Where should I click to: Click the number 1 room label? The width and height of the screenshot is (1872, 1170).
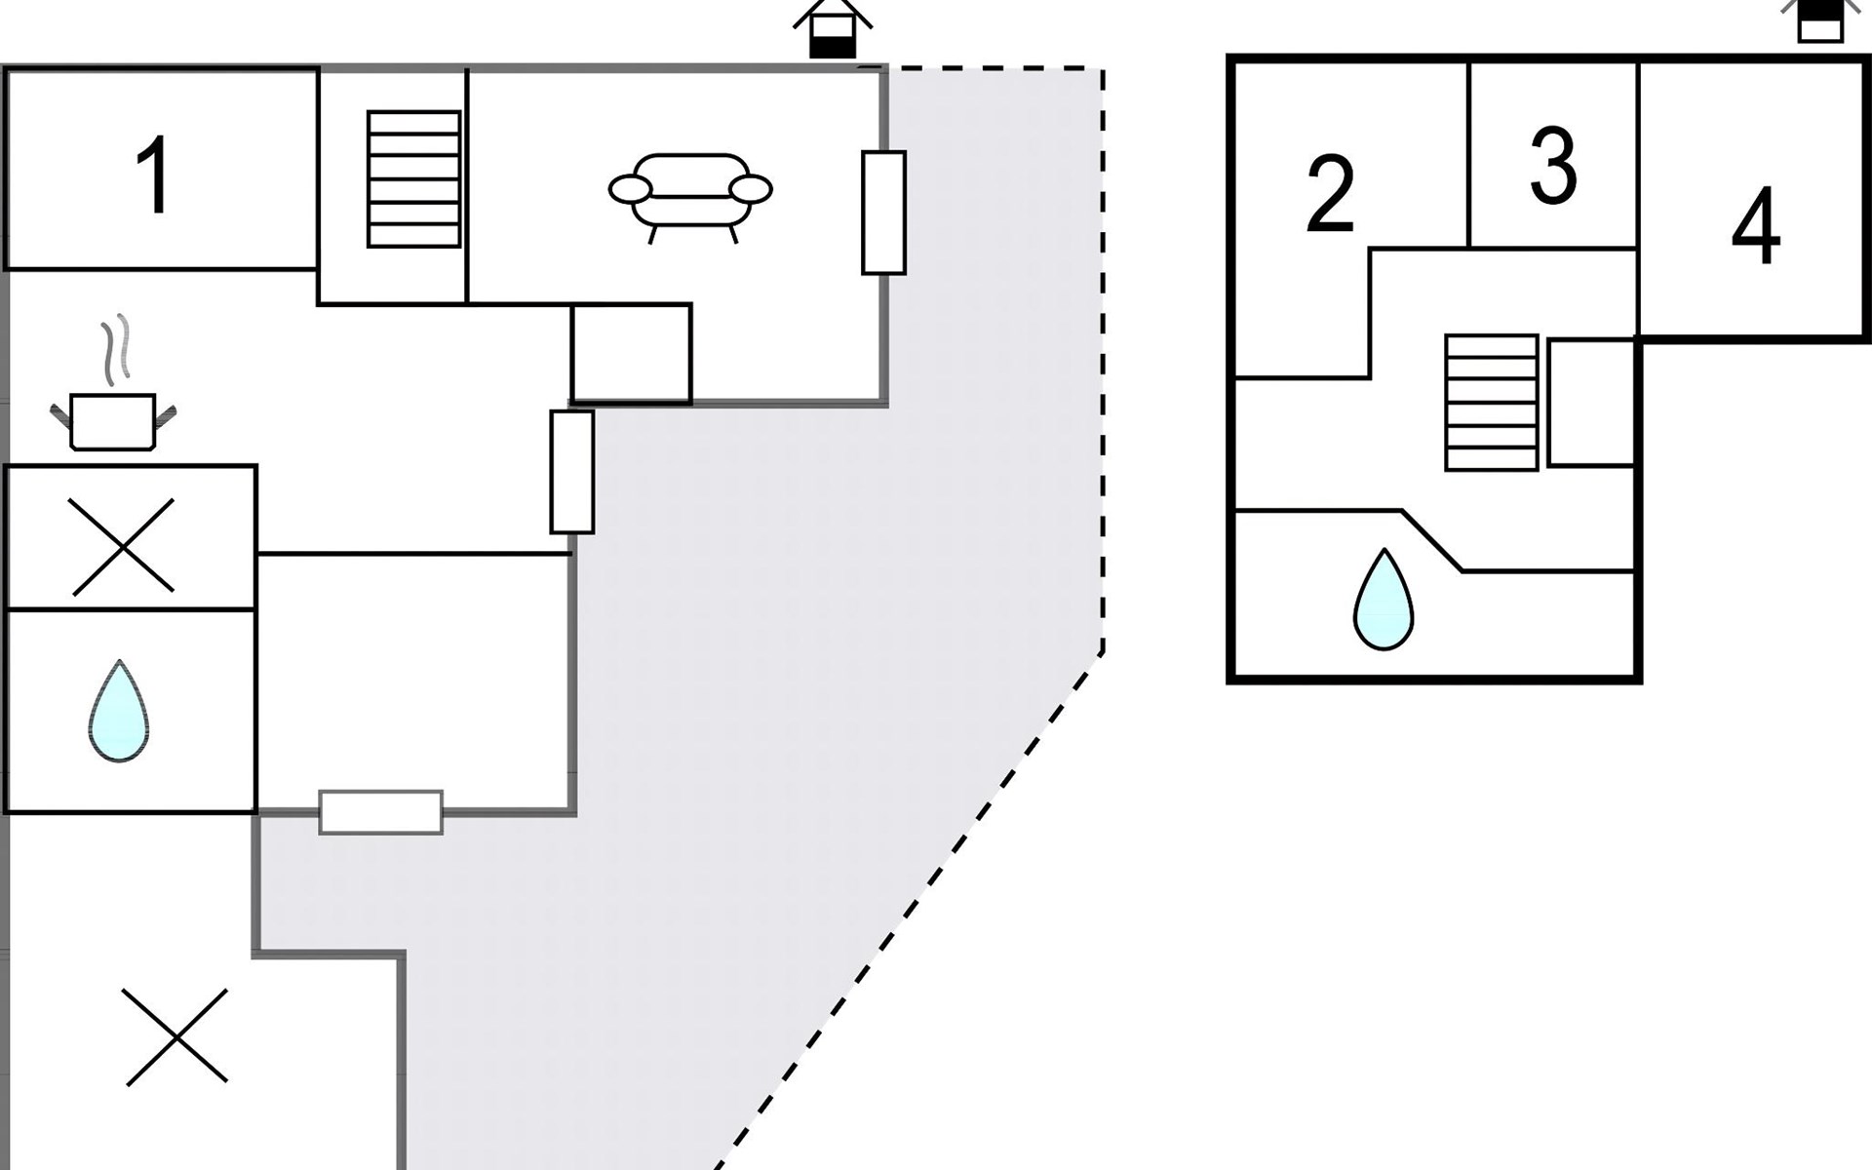pyautogui.click(x=154, y=175)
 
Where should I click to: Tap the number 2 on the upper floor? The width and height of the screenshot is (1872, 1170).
pyautogui.click(x=1330, y=195)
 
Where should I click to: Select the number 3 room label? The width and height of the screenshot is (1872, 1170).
pyautogui.click(x=1553, y=166)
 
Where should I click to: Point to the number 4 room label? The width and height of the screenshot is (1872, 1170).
pyautogui.click(x=1756, y=226)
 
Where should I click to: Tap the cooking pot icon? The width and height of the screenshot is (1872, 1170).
pyautogui.click(x=113, y=421)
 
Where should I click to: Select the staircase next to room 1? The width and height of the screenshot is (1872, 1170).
pyautogui.click(x=413, y=179)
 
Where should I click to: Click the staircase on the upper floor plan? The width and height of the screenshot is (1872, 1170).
pyautogui.click(x=1492, y=403)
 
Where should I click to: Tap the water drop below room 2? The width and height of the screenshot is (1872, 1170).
pyautogui.click(x=1384, y=602)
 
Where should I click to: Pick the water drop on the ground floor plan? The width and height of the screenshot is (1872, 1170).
pyautogui.click(x=118, y=712)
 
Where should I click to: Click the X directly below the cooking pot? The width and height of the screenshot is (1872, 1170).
pyautogui.click(x=124, y=547)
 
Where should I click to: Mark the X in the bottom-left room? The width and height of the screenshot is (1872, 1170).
pyautogui.click(x=176, y=1036)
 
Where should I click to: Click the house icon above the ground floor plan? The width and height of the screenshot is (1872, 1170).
pyautogui.click(x=832, y=29)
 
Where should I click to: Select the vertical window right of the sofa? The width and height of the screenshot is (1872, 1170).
pyautogui.click(x=883, y=213)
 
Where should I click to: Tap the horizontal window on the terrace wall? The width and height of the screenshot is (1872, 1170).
pyautogui.click(x=381, y=812)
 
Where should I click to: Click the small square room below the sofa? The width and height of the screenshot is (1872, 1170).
pyautogui.click(x=631, y=352)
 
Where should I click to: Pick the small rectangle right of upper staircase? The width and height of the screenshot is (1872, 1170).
pyautogui.click(x=1591, y=403)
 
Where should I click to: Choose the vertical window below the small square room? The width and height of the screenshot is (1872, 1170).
pyautogui.click(x=572, y=472)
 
